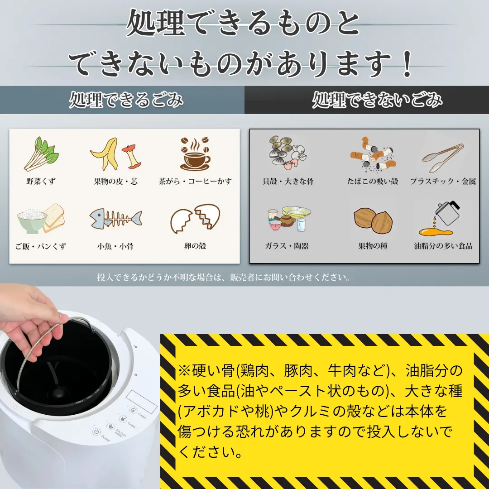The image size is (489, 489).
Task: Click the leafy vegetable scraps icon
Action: point(41,153)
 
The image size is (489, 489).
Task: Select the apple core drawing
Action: point(131,156)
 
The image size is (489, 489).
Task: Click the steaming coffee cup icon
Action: point(195,153)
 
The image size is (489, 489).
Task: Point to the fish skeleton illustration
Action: point(116,218)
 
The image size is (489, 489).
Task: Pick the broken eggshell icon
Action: point(195,218)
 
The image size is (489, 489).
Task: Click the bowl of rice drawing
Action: point(32,221)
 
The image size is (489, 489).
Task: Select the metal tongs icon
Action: point(443,158)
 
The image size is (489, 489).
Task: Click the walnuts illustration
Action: point(373,220)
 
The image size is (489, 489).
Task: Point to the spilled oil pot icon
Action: point(440,218)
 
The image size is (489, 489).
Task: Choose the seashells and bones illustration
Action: point(288,153)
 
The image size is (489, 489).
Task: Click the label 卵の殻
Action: point(195,246)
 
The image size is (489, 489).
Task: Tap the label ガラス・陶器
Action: point(287,246)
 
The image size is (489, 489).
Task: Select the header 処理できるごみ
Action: point(126,100)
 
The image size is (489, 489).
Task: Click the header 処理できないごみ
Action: point(377,100)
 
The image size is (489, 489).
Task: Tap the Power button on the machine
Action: point(96,432)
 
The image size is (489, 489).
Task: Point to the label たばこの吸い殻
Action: point(373,181)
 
